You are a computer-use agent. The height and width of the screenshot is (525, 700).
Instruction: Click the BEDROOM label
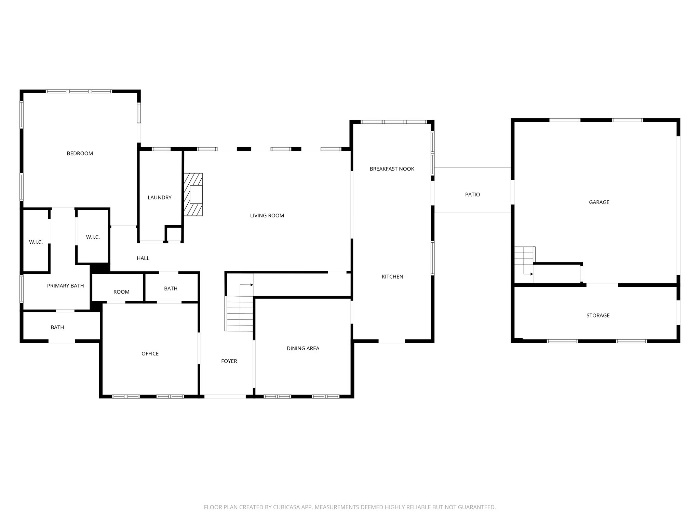pyautogui.click(x=80, y=153)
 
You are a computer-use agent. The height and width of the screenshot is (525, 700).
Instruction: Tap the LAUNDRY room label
pyautogui.click(x=159, y=198)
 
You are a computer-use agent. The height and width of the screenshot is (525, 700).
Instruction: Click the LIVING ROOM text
pyautogui.click(x=267, y=216)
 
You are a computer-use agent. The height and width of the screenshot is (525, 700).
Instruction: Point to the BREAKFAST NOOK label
pyautogui.click(x=392, y=169)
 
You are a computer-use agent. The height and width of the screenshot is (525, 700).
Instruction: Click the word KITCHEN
pyautogui.click(x=392, y=277)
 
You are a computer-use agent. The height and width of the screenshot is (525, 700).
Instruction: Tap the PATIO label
pyautogui.click(x=472, y=194)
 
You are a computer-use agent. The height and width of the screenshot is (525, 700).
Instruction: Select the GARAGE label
pyautogui.click(x=599, y=202)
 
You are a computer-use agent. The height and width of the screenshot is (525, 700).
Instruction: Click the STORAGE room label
pyautogui.click(x=598, y=315)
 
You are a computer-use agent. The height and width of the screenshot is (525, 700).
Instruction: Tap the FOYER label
pyautogui.click(x=229, y=361)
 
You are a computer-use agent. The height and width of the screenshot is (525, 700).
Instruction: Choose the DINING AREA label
pyautogui.click(x=303, y=349)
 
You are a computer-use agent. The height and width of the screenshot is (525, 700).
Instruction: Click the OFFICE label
pyautogui.click(x=150, y=354)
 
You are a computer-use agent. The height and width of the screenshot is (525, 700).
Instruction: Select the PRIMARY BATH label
pyautogui.click(x=65, y=286)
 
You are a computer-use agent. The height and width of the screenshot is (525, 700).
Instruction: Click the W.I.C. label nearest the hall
pyautogui.click(x=93, y=237)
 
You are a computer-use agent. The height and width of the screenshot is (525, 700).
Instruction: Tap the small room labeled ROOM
pyautogui.click(x=121, y=292)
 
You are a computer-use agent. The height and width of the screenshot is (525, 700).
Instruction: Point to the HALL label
pyautogui.click(x=143, y=258)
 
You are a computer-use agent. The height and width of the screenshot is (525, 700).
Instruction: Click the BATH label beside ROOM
pyautogui.click(x=171, y=289)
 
